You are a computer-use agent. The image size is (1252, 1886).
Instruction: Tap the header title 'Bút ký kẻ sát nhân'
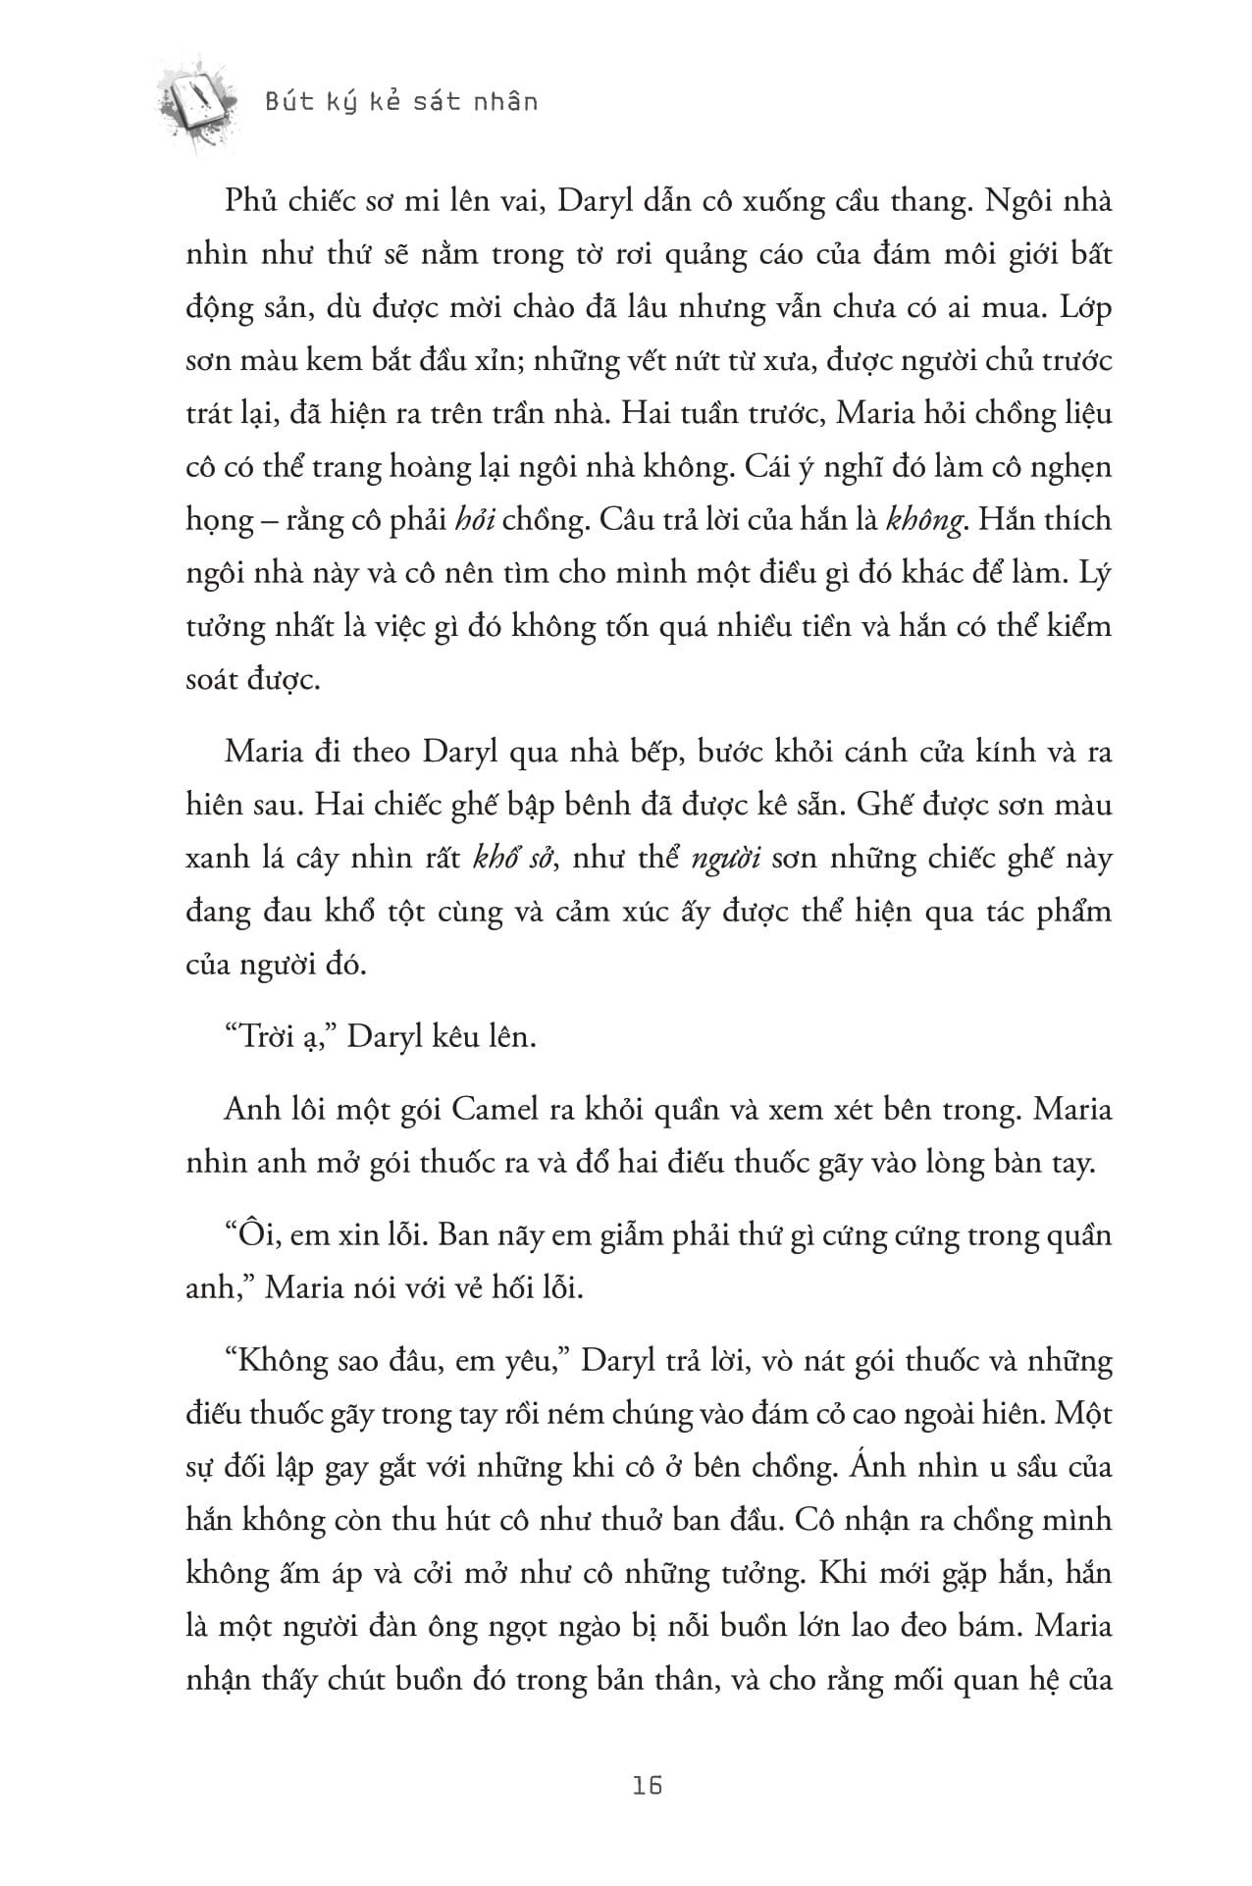point(402,102)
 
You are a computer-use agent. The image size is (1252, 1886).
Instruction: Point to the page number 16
point(648,1785)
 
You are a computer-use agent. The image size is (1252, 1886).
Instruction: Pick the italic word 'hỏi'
point(477,519)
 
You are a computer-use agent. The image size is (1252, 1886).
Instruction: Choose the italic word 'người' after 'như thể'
point(728,859)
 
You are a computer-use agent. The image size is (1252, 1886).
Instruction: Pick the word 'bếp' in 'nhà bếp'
point(652,753)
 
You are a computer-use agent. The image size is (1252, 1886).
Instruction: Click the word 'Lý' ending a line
point(1094,572)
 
